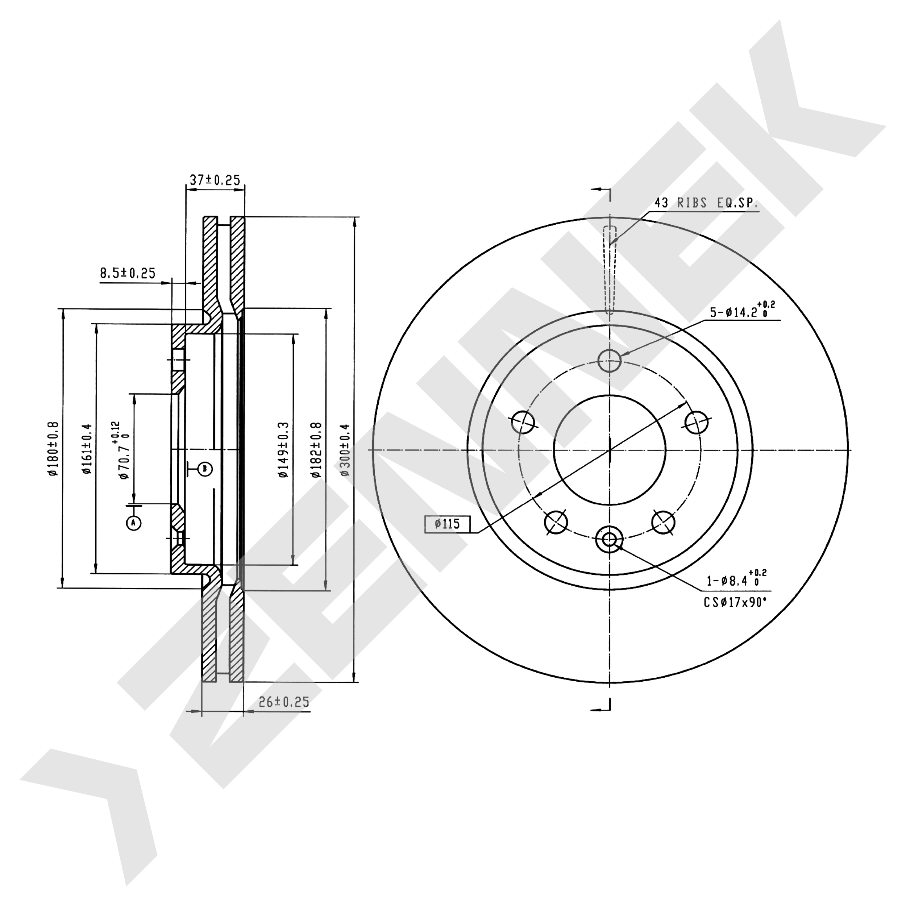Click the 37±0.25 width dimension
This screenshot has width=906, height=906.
click(215, 180)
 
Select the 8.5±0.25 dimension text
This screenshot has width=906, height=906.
click(128, 273)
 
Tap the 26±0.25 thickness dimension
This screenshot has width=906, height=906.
click(284, 702)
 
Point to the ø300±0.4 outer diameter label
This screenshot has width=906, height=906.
click(345, 450)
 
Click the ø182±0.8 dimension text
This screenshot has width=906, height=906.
click(316, 450)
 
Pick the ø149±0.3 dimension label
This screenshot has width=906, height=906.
click(283, 450)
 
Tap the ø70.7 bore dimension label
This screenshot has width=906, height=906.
click(121, 450)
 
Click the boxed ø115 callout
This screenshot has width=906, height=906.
click(447, 524)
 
